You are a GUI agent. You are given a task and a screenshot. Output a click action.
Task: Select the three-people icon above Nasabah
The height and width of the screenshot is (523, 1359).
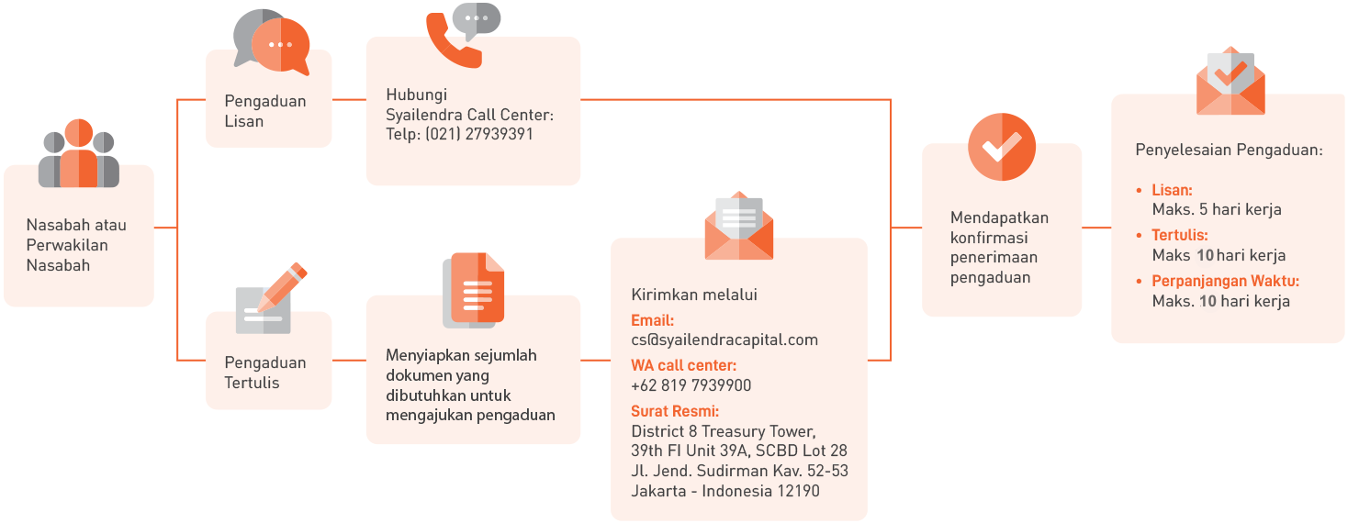pyautogui.click(x=79, y=154)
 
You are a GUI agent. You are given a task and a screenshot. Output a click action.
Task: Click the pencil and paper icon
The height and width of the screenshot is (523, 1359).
pyautogui.click(x=270, y=299)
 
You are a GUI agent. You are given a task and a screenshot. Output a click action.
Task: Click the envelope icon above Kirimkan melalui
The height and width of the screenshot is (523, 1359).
pyautogui.click(x=739, y=226)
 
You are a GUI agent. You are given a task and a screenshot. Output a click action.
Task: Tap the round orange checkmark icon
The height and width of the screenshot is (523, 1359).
pyautogui.click(x=1002, y=147)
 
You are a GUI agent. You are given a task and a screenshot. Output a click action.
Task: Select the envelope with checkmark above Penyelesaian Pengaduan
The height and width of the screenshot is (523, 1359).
pyautogui.click(x=1230, y=83)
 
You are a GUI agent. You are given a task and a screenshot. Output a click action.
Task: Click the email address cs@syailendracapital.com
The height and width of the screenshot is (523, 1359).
pyautogui.click(x=724, y=339)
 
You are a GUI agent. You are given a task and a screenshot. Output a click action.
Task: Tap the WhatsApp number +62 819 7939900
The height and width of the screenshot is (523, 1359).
pyautogui.click(x=691, y=385)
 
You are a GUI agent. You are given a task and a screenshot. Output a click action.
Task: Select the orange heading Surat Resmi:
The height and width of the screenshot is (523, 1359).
pyautogui.click(x=675, y=411)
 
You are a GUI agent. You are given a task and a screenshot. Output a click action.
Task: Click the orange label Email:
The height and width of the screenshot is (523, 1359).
pyautogui.click(x=653, y=320)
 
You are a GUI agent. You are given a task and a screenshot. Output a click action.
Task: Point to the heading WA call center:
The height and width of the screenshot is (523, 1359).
pyautogui.click(x=684, y=365)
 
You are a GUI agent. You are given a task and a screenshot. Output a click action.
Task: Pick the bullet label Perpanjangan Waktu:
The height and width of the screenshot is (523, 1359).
pyautogui.click(x=1226, y=281)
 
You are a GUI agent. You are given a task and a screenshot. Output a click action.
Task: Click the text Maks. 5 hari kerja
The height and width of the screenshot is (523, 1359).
pyautogui.click(x=1217, y=209)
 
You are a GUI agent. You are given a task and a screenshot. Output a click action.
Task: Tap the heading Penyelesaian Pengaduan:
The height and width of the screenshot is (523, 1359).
pyautogui.click(x=1229, y=150)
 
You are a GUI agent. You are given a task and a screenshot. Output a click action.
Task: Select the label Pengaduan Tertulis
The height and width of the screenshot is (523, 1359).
pyautogui.click(x=265, y=373)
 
